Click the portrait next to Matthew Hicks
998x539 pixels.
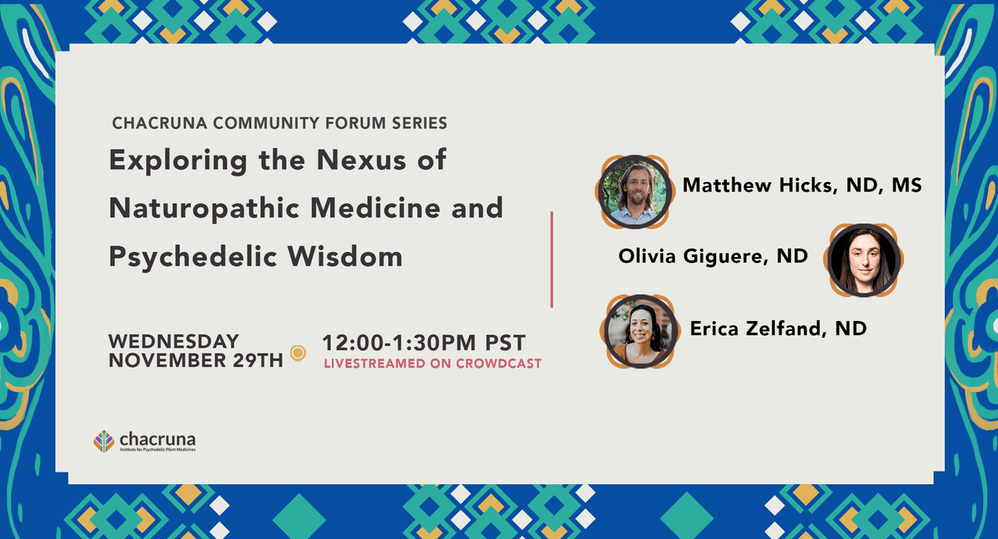[635, 192]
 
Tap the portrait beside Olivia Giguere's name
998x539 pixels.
[863, 260]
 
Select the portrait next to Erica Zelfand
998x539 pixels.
[640, 331]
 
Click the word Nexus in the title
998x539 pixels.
[361, 160]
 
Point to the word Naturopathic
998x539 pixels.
[204, 209]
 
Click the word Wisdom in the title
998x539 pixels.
[345, 255]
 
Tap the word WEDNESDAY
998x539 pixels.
[174, 341]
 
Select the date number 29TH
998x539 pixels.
[258, 360]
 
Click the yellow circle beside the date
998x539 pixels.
[298, 353]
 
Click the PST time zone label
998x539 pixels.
[506, 343]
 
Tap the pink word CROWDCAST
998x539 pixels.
[498, 363]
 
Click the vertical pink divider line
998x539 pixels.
[551, 260]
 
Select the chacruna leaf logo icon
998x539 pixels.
[104, 441]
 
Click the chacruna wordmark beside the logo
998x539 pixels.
[157, 439]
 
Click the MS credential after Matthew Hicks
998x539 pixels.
[907, 185]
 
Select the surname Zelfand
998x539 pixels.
[783, 329]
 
